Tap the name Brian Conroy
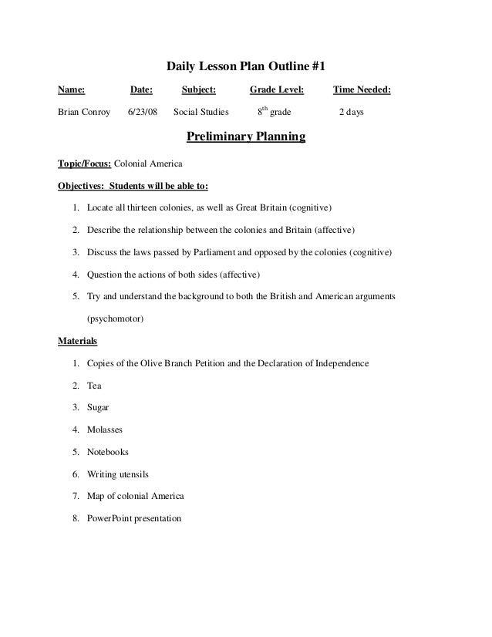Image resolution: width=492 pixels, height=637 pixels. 84,112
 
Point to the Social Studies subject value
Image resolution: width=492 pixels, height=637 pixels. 201,112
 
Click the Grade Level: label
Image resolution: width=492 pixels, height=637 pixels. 277,90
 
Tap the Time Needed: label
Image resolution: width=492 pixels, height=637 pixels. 362,90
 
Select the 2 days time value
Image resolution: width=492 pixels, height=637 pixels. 352,112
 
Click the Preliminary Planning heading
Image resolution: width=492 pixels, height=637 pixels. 247,138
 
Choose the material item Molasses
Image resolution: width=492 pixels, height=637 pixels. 105,430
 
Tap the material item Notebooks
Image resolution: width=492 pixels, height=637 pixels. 108,452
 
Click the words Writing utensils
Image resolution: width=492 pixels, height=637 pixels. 118,474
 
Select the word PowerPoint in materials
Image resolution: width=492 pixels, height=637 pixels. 111,518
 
